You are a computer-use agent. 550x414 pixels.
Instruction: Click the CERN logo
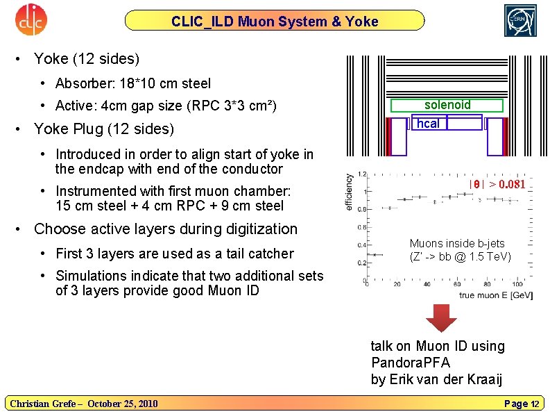coord(520,20)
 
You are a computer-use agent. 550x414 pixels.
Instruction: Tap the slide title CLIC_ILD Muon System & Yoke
coord(275,22)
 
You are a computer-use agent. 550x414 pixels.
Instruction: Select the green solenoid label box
coord(447,105)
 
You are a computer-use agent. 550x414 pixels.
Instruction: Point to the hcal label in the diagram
coord(427,123)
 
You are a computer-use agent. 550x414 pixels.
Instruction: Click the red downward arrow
coord(440,317)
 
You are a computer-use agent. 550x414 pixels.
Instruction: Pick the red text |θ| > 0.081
coord(497,184)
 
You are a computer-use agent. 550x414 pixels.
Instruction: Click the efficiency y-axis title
coord(348,192)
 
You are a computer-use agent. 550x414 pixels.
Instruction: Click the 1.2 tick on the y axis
coord(362,174)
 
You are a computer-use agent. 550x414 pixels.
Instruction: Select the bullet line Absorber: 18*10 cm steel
coord(133,83)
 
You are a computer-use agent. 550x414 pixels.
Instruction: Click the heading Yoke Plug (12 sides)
coord(103,129)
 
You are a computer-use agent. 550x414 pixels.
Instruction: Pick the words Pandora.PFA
coord(411,363)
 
